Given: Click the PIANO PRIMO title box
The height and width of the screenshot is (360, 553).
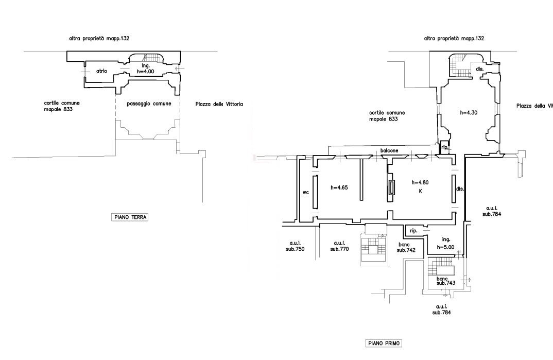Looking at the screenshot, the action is [384, 343].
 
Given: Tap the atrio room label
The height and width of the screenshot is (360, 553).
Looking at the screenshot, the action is [101, 71].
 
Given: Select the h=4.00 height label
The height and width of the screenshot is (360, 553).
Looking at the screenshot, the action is [146, 72].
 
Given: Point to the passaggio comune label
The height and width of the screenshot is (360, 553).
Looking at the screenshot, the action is [149, 104].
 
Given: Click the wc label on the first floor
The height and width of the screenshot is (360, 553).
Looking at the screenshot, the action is [306, 193].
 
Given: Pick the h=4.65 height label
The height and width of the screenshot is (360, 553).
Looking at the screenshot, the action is [339, 187].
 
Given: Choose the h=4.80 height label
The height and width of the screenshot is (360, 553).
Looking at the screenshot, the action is [420, 182].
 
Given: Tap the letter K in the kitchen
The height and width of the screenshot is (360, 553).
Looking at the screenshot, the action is [420, 191].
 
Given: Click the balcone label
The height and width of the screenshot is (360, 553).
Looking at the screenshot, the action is [389, 150].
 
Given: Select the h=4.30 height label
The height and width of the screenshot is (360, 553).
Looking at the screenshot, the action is [469, 113].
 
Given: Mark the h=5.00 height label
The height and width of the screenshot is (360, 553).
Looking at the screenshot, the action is [445, 247].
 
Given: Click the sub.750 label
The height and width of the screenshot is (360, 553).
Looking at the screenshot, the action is [295, 249].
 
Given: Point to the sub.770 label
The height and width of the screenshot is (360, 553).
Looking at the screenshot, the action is [340, 249].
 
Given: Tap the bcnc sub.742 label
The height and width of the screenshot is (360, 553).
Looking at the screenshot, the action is [406, 248].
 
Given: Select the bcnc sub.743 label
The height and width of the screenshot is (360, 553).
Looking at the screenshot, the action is [446, 281].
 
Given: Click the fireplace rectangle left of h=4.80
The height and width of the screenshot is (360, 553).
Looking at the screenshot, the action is [391, 187].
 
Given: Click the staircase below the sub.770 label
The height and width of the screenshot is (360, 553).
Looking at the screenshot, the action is [373, 249].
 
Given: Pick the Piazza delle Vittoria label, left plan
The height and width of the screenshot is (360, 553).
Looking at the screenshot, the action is [219, 105].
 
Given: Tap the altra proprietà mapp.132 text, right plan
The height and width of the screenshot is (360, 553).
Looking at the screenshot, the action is [454, 38].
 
